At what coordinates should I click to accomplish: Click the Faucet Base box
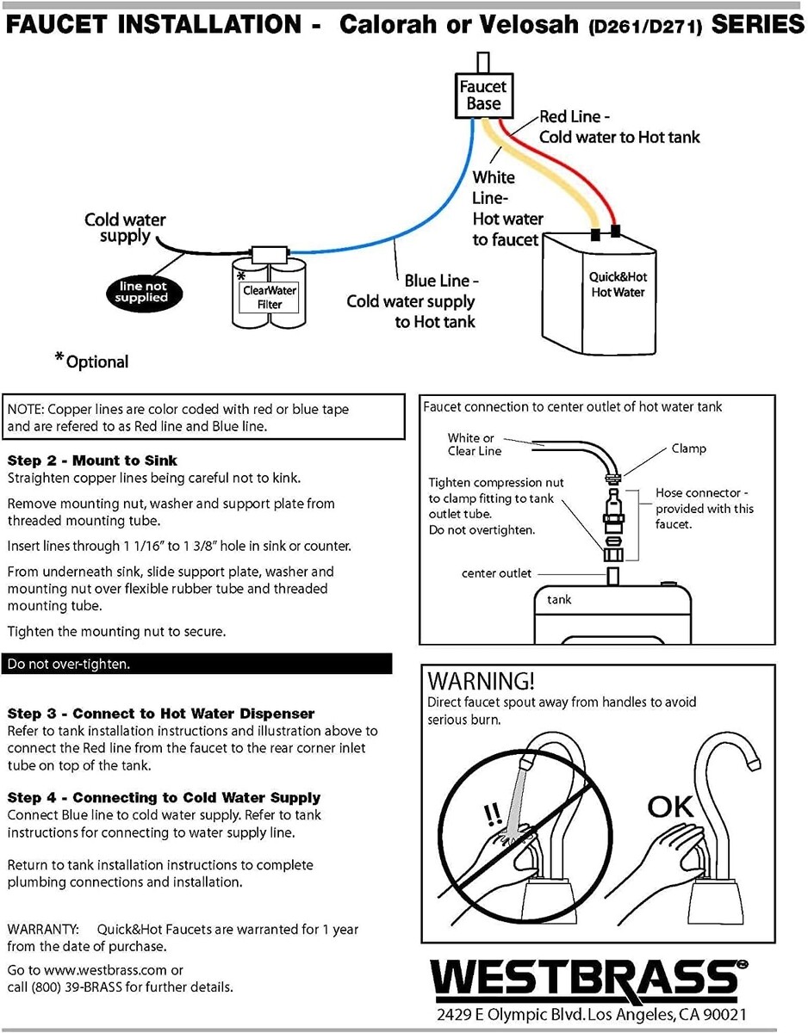(x=482, y=96)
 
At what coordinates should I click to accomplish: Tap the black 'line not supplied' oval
(x=143, y=292)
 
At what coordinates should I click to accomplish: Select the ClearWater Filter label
(x=269, y=297)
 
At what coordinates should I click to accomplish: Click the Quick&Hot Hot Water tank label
(x=618, y=285)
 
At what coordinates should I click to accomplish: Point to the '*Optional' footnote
(x=92, y=362)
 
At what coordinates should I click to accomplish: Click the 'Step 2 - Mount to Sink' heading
(x=92, y=460)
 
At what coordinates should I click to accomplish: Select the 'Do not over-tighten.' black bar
(x=197, y=664)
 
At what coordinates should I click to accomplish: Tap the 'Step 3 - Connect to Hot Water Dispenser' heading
(x=160, y=714)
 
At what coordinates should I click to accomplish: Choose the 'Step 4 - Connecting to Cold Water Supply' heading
(x=164, y=798)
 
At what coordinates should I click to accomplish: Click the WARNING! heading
(x=481, y=681)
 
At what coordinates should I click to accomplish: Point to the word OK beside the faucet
(x=670, y=807)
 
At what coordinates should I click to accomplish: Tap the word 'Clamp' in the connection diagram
(x=688, y=448)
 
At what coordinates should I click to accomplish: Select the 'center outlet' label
(x=496, y=573)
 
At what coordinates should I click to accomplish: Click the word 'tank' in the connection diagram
(x=559, y=600)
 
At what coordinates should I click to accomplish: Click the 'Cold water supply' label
(x=125, y=228)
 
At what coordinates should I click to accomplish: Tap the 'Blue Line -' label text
(x=441, y=281)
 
